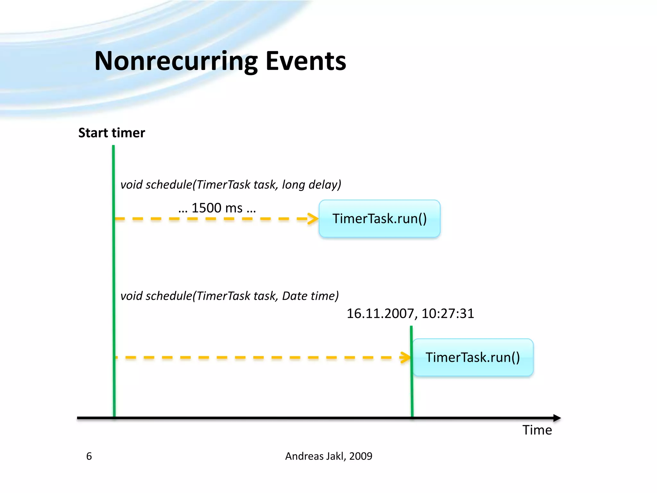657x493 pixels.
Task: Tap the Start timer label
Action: tap(112, 133)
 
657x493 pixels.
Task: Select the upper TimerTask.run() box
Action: tap(380, 219)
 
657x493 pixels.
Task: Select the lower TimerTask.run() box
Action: tap(473, 358)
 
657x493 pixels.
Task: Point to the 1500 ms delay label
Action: tap(217, 208)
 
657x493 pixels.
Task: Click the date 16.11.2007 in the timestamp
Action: tap(381, 314)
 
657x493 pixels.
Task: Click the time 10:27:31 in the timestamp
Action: tap(448, 314)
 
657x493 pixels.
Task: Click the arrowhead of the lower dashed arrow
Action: tap(406, 358)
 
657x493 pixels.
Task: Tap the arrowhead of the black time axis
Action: tap(557, 418)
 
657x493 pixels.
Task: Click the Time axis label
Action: tap(537, 430)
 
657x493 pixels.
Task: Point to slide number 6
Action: tap(89, 456)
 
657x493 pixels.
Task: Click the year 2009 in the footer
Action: tap(361, 456)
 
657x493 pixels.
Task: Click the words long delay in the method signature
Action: tap(311, 185)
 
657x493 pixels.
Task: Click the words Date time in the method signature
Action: tap(310, 296)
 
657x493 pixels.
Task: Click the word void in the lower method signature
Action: tap(132, 296)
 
